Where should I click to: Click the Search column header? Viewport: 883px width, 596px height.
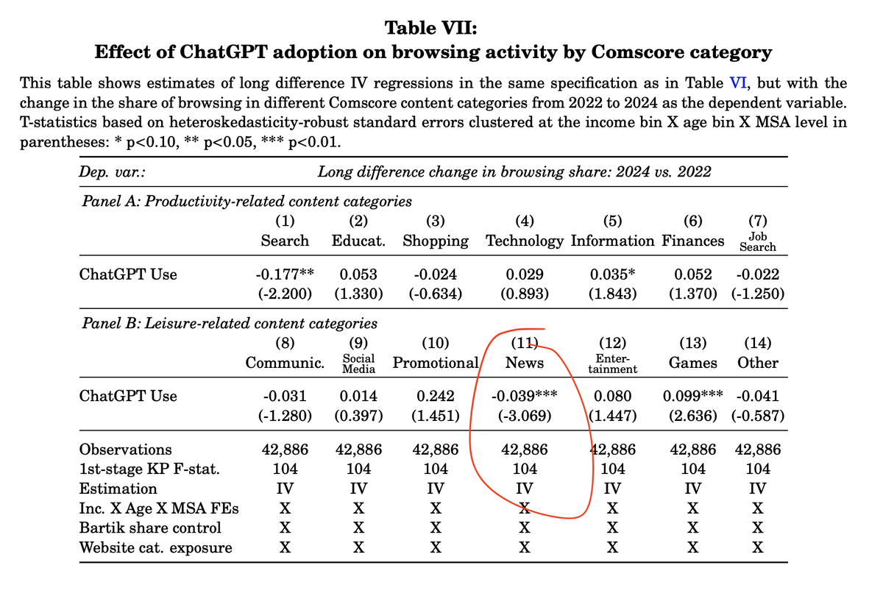(285, 241)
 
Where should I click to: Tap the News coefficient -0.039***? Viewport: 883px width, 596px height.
(524, 396)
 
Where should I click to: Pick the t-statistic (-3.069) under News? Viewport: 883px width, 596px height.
(524, 416)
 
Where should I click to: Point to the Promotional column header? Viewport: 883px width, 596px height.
(436, 363)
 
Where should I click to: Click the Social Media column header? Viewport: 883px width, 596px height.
(358, 363)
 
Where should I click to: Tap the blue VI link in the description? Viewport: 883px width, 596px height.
(737, 83)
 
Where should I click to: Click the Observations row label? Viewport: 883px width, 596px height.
(125, 450)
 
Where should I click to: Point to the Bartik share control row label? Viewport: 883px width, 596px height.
(150, 528)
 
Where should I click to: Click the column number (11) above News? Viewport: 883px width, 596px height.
(525, 341)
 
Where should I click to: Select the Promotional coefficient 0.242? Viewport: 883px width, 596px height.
(436, 396)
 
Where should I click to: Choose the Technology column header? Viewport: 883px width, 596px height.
(525, 241)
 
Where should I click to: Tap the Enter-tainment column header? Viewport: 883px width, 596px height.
(612, 363)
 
